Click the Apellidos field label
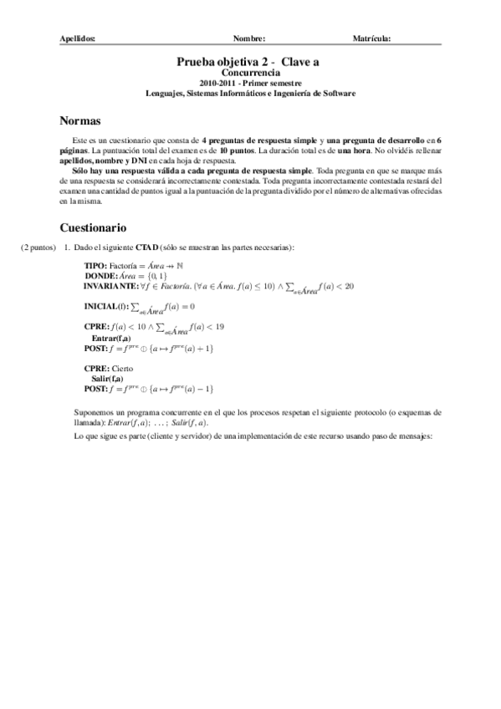click(79, 38)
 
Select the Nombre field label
click(249, 38)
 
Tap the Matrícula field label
click(372, 38)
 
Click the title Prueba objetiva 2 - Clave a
click(250, 61)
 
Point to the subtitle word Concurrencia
click(250, 73)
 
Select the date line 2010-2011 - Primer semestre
click(250, 83)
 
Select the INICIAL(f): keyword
click(106, 306)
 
